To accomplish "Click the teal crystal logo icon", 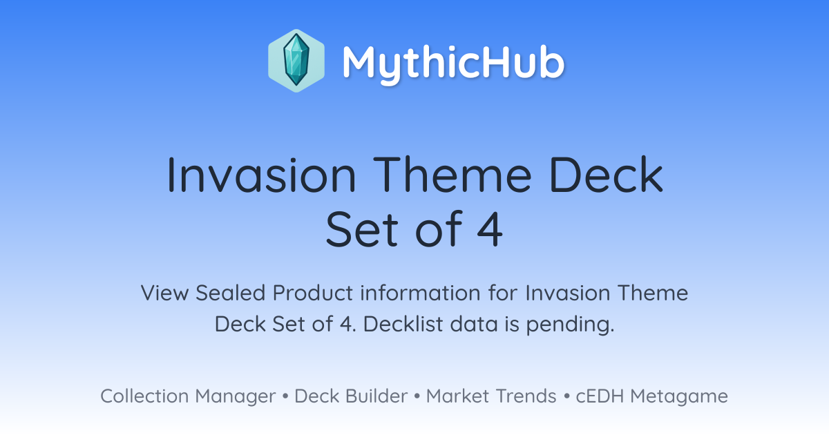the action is click(x=296, y=61).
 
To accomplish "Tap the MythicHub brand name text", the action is click(x=453, y=64).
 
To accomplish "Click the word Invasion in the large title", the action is click(x=262, y=175).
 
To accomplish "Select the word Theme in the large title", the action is click(x=452, y=174).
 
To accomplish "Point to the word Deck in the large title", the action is click(x=607, y=174).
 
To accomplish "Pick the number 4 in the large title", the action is click(x=490, y=229).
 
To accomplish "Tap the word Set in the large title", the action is click(x=361, y=229).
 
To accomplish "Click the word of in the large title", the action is click(x=439, y=229).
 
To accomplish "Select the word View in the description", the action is click(x=164, y=293).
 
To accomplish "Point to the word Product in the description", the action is click(x=313, y=293).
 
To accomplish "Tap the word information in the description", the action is click(x=420, y=293).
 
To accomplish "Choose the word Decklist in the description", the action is click(x=403, y=324).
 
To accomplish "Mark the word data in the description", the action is click(x=473, y=324).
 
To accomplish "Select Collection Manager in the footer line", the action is click(x=188, y=396).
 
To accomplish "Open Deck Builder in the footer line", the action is click(x=351, y=396).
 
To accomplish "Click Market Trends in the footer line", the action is click(x=491, y=396).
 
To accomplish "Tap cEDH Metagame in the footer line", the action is click(x=651, y=396).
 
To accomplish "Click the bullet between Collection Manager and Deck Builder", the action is click(x=285, y=396).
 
